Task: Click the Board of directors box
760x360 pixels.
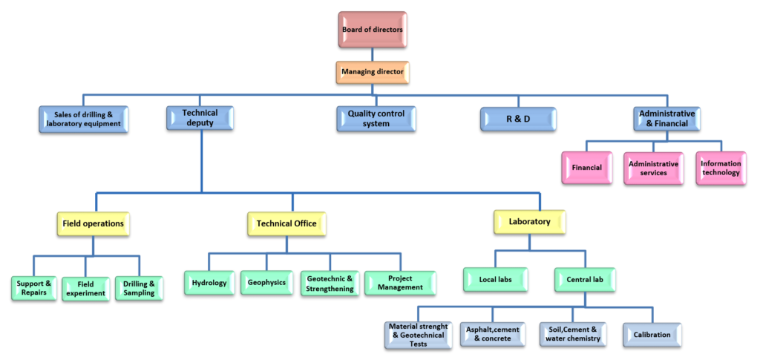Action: tap(373, 30)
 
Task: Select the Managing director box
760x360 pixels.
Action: tap(373, 72)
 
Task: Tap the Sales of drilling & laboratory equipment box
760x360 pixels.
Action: tap(84, 120)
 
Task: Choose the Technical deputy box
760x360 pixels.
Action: tap(200, 118)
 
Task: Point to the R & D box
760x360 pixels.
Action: tap(517, 119)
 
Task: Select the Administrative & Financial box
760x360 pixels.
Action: tap(667, 119)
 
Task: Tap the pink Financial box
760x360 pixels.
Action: tap(586, 168)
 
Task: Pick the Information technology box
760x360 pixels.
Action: tap(720, 168)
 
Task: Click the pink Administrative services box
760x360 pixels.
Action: tap(653, 168)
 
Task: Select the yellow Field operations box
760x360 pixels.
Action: tap(93, 223)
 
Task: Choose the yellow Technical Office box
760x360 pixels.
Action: tap(286, 223)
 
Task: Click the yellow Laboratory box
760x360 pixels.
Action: tap(529, 222)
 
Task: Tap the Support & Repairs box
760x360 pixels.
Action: tap(33, 288)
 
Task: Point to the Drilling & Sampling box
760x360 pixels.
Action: tap(138, 288)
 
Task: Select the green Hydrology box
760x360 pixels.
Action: tap(209, 283)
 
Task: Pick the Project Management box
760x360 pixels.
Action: tap(399, 283)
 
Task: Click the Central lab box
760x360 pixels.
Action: tap(585, 280)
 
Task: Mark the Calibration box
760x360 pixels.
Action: tap(652, 334)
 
